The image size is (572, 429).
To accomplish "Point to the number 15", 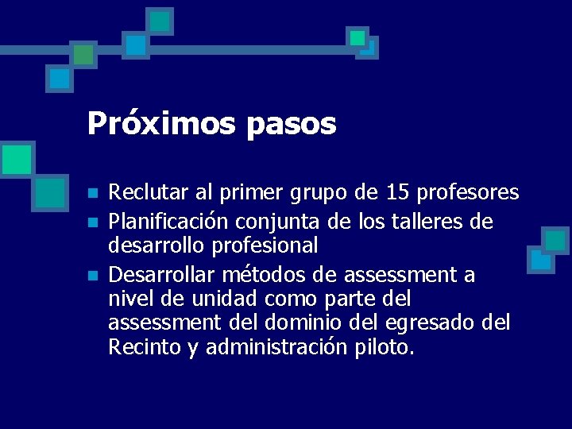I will click(x=399, y=192).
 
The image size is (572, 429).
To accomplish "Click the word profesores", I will click(x=468, y=192).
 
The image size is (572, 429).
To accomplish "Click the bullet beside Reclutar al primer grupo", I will click(x=92, y=194).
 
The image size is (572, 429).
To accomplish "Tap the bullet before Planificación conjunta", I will click(x=92, y=220).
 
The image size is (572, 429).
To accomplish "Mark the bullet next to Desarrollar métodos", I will click(x=92, y=276).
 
